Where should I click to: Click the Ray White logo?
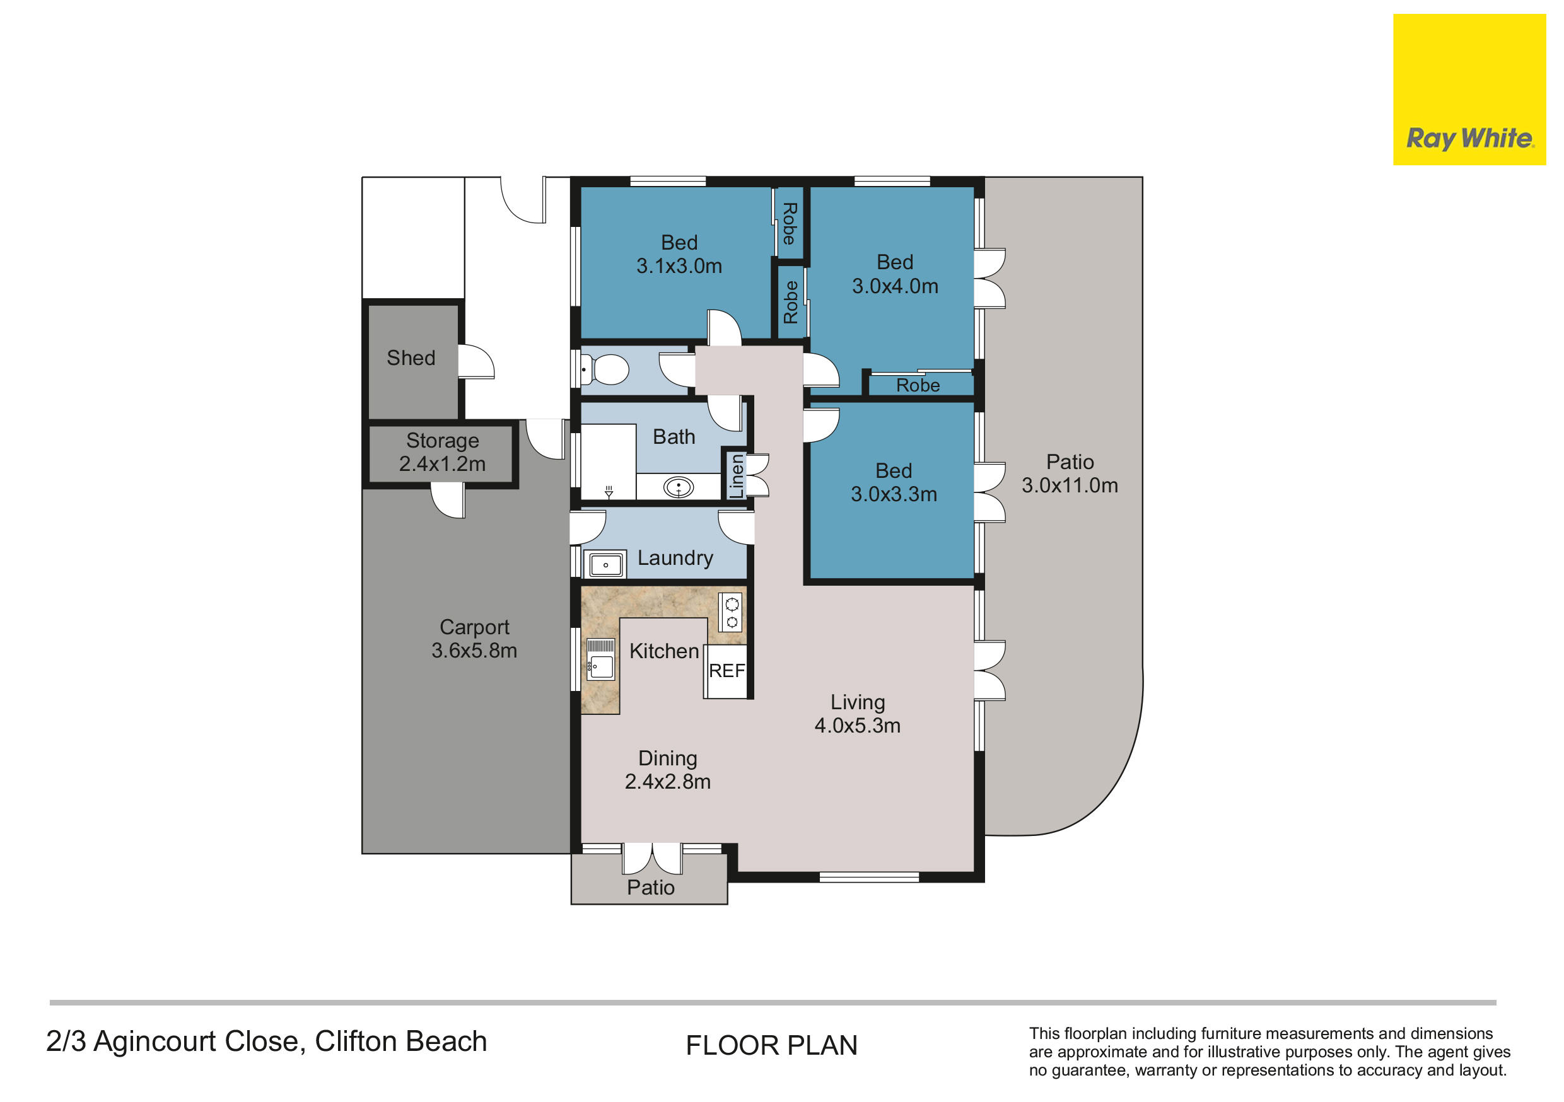(x=1469, y=90)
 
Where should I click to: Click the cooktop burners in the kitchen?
(x=731, y=612)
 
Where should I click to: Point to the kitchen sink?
(x=601, y=659)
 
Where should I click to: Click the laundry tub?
(x=605, y=565)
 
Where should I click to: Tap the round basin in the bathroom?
(x=679, y=488)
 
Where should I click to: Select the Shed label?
(x=411, y=358)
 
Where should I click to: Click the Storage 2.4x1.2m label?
(x=442, y=452)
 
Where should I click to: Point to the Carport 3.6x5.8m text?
(x=474, y=639)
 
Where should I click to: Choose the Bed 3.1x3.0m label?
(x=679, y=254)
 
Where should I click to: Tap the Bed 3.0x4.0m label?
(x=895, y=274)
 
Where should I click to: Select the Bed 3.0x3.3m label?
(x=894, y=482)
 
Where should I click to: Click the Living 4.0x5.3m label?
(x=858, y=714)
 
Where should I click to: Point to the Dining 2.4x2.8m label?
(x=668, y=770)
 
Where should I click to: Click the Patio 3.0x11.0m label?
(x=1070, y=473)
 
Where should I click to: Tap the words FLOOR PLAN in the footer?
(x=771, y=1045)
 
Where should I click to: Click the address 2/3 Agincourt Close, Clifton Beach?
(x=266, y=1042)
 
